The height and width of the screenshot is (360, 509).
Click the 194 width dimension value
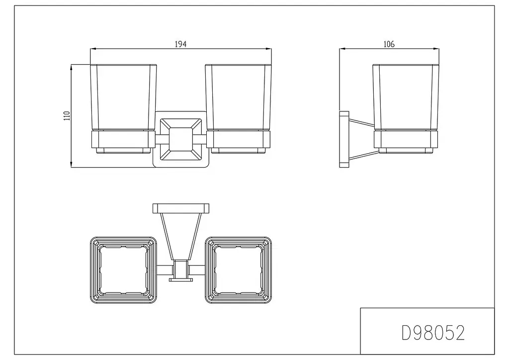[x=181, y=44]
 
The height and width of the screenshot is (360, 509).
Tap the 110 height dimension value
[x=67, y=116]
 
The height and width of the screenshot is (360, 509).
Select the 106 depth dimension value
[x=389, y=44]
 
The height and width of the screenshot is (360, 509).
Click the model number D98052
[x=433, y=333]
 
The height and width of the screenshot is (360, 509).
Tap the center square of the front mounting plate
[x=181, y=139]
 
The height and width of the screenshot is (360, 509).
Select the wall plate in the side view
[x=344, y=140]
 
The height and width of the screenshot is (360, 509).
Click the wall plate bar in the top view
[x=181, y=208]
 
